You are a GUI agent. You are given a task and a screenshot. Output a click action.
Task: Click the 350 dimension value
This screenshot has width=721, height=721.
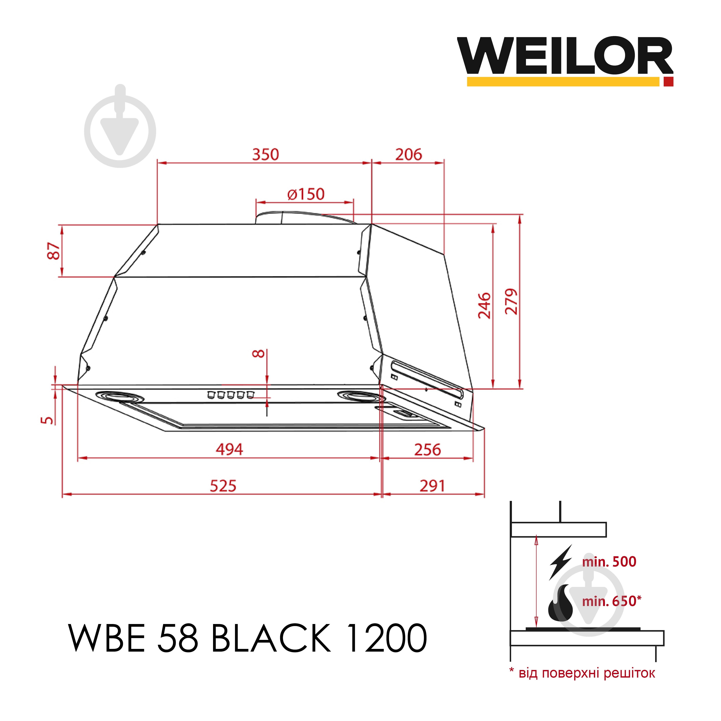(265, 154)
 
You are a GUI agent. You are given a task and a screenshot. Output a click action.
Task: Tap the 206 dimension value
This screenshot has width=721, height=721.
(409, 154)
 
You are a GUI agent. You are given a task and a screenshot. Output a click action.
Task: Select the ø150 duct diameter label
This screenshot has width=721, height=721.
(306, 194)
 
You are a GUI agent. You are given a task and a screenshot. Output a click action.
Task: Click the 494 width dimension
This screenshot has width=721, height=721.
(229, 449)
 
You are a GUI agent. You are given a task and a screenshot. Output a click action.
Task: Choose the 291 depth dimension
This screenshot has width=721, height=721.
(432, 486)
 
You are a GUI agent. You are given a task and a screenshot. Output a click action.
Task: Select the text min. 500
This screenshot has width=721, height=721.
(609, 562)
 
